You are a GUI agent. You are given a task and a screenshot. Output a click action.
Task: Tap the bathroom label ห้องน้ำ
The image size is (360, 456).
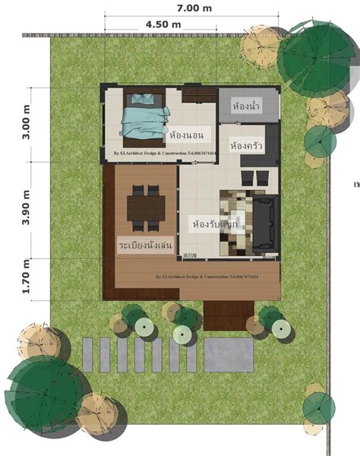point(247,105)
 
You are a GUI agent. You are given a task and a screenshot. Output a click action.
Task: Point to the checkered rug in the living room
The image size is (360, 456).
point(237,222)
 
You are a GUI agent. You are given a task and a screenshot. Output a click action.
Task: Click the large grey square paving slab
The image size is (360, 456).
point(229,355)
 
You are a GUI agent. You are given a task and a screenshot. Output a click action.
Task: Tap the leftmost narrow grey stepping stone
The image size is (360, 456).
point(87,355)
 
